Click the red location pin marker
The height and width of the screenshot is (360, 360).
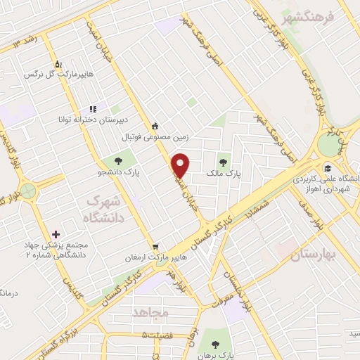pyautogui.click(x=181, y=165)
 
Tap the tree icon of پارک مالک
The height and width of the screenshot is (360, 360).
pyautogui.click(x=226, y=158)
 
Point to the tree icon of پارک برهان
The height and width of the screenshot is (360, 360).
pyautogui.click(x=216, y=345)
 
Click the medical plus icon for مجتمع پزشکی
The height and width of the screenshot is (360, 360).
pyautogui.click(x=56, y=233)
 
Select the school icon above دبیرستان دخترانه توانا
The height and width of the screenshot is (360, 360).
pyautogui.click(x=93, y=109)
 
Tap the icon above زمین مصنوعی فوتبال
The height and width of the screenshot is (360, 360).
pyautogui.click(x=155, y=127)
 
